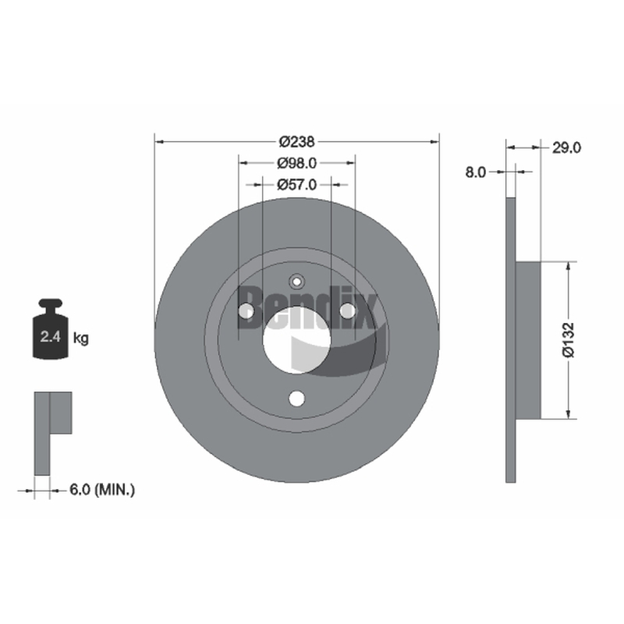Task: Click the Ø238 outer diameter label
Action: pyautogui.click(x=297, y=141)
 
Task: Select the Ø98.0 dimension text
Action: pyautogui.click(x=297, y=163)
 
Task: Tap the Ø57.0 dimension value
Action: pyautogui.click(x=297, y=185)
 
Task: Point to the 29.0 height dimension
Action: pyautogui.click(x=566, y=147)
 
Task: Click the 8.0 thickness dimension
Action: pyautogui.click(x=476, y=172)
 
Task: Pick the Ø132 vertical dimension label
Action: pyautogui.click(x=569, y=340)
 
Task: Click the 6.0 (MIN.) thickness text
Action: pyautogui.click(x=102, y=490)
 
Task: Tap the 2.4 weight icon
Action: pyautogui.click(x=50, y=329)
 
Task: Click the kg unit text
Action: pyautogui.click(x=81, y=339)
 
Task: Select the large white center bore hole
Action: pyautogui.click(x=297, y=340)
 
